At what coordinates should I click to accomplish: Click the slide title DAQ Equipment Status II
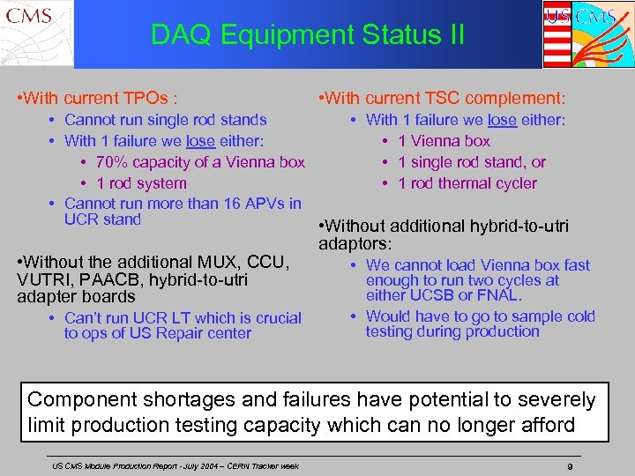(x=307, y=35)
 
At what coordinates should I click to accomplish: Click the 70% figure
(x=112, y=162)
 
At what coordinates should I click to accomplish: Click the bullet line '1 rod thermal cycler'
(x=467, y=183)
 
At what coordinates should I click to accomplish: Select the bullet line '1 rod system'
(x=141, y=183)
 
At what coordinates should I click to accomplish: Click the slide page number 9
(x=571, y=465)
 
